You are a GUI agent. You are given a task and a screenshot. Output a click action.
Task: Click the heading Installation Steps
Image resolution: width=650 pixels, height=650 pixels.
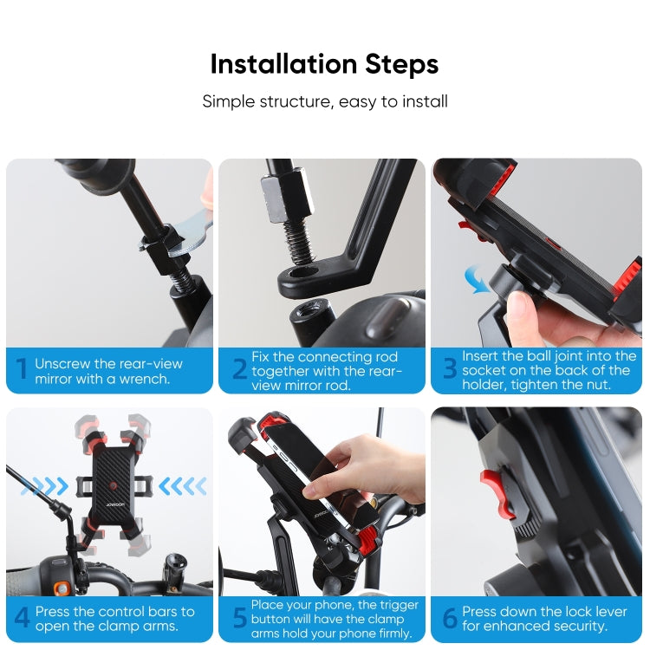[x=324, y=64]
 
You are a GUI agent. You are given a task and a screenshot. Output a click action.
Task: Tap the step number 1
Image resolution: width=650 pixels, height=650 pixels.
[x=22, y=370]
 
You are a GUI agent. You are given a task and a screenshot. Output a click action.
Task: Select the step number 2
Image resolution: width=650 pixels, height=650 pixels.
[x=239, y=370]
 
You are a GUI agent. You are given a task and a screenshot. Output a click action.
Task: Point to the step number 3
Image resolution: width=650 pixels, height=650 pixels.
[x=450, y=370]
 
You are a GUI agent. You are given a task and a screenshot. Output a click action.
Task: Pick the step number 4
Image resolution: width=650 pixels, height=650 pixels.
[x=22, y=619]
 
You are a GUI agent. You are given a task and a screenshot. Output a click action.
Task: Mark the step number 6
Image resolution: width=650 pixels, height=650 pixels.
[x=450, y=619]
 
